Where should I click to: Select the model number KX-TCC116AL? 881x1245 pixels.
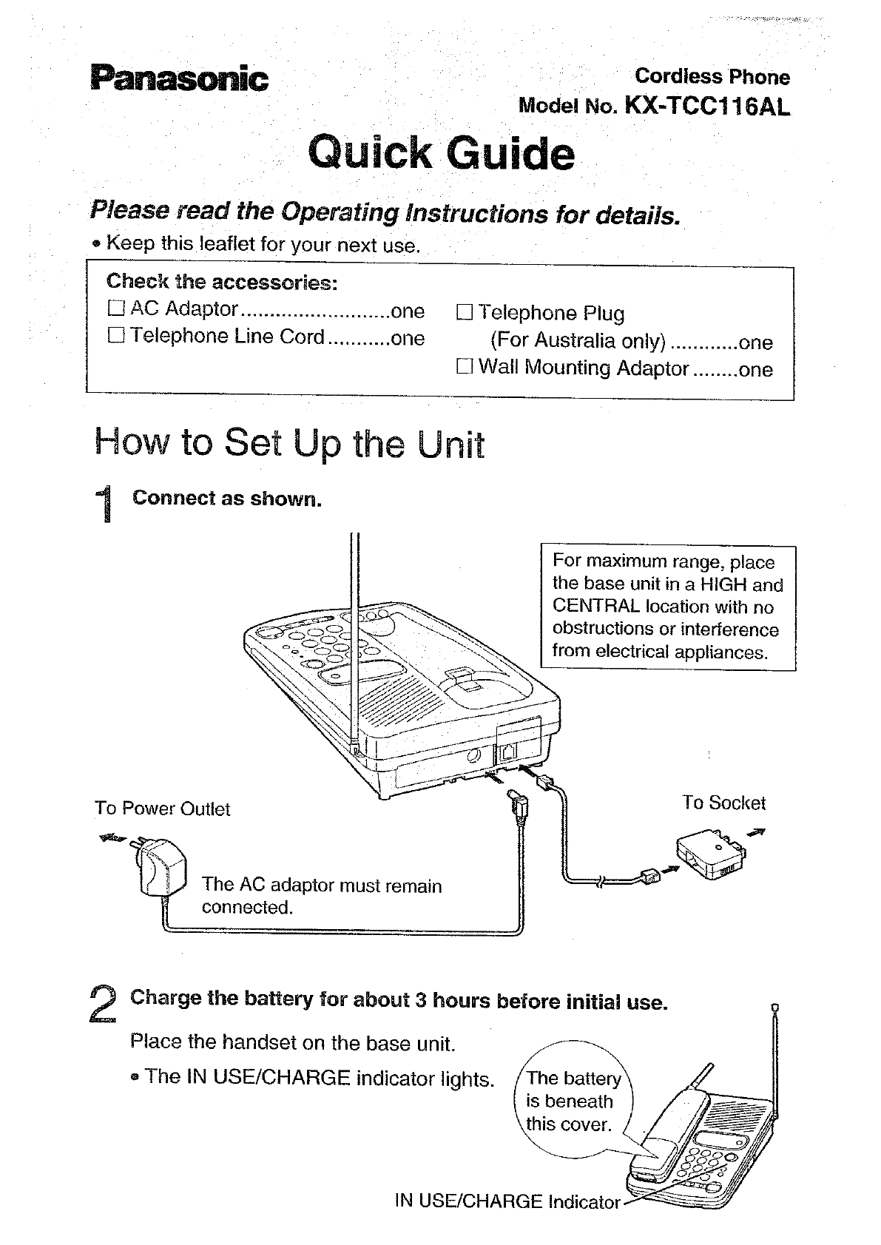[707, 107]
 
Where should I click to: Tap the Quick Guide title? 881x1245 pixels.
[440, 153]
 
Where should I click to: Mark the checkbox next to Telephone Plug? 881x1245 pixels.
[464, 313]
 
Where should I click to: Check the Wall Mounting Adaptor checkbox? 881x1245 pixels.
[464, 367]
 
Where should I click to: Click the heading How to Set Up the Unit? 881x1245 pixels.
[290, 444]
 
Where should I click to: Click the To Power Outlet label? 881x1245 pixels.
[162, 809]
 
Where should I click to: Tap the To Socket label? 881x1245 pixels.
[723, 803]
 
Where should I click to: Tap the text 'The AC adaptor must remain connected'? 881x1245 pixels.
[321, 896]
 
